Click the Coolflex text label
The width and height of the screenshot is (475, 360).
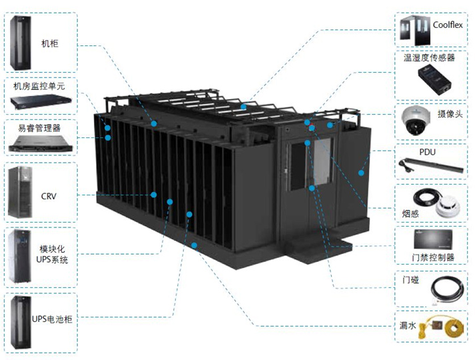[x=448, y=25]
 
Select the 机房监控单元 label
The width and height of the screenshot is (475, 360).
[x=39, y=87]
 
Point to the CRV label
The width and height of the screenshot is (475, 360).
[x=49, y=195]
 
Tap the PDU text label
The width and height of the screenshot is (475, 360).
[x=427, y=152]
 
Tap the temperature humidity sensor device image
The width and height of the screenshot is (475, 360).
[x=436, y=81]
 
